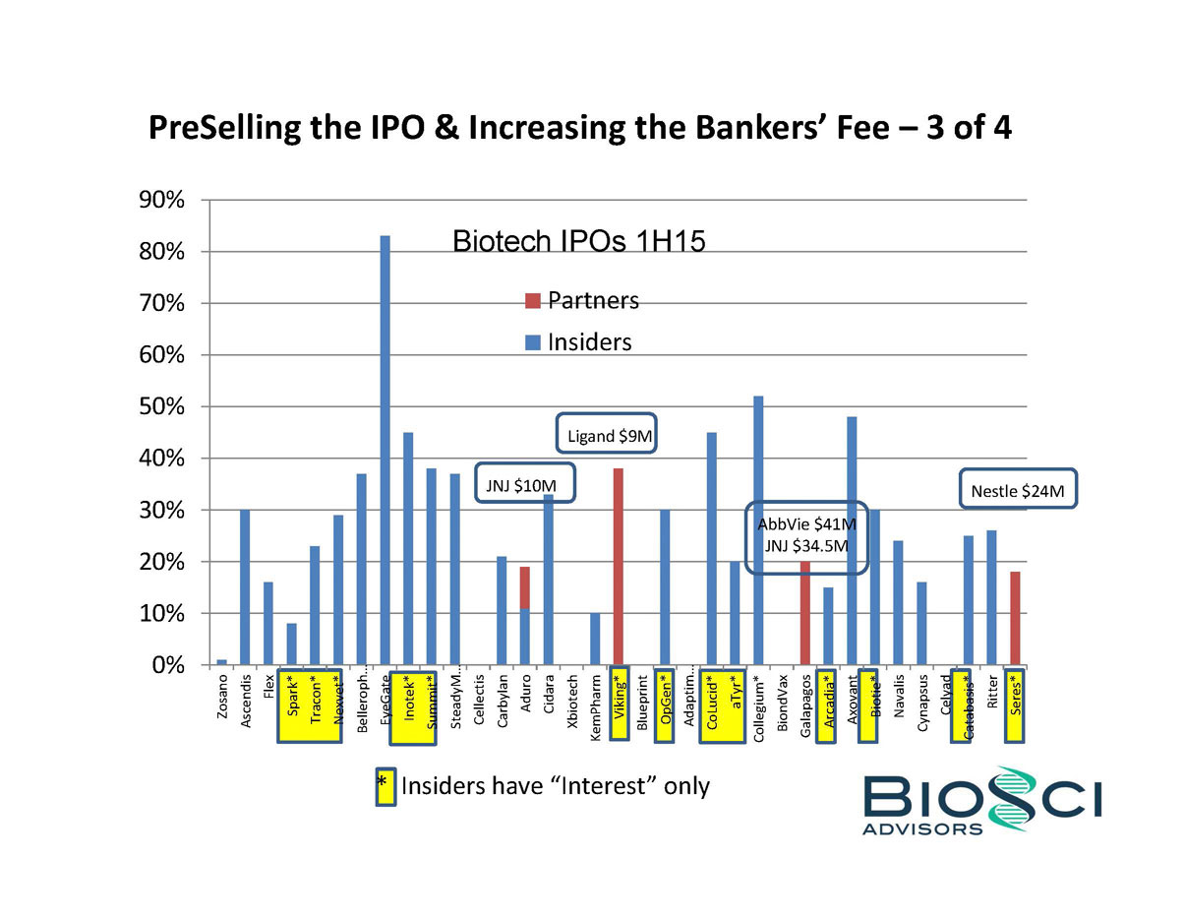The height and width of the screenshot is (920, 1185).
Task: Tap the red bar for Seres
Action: (x=1015, y=618)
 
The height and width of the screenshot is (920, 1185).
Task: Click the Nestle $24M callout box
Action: (x=1017, y=490)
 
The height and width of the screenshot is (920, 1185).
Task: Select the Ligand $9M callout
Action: (x=611, y=434)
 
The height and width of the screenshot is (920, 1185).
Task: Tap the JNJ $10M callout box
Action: (x=525, y=484)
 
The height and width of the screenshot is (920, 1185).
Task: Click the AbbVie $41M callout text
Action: (x=806, y=522)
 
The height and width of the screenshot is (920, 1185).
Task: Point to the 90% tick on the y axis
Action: (x=163, y=200)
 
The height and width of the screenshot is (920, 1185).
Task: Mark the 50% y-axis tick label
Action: (x=163, y=406)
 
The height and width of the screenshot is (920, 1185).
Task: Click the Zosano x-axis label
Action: (x=222, y=699)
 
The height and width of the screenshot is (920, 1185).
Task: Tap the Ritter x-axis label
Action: (x=992, y=693)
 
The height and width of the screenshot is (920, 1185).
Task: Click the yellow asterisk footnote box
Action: (x=384, y=786)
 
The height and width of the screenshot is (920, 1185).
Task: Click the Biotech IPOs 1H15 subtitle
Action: (x=578, y=241)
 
